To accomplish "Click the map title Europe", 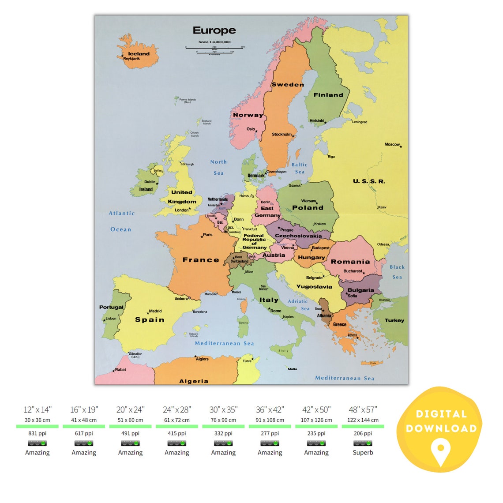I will [x=214, y=30].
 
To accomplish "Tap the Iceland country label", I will [x=139, y=54].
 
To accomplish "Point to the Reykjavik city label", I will [x=131, y=59].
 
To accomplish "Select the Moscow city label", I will [x=392, y=144].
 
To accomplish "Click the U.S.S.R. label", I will [x=369, y=181].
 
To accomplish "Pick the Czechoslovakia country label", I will [x=298, y=236].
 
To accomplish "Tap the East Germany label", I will [x=267, y=212].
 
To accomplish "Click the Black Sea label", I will [x=397, y=272].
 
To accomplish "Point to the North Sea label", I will [x=218, y=168].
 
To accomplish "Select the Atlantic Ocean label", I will [x=121, y=221].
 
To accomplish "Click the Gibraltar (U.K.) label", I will [x=135, y=355].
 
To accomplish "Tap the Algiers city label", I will [x=202, y=359].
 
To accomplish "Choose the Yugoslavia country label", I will [x=314, y=287].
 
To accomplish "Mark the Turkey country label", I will [x=394, y=320].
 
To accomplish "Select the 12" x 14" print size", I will [x=38, y=410].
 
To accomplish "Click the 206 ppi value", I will [x=363, y=433].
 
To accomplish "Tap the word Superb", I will [x=363, y=452].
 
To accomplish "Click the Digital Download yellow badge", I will [x=441, y=428].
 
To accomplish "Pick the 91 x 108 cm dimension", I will [x=270, y=420].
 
